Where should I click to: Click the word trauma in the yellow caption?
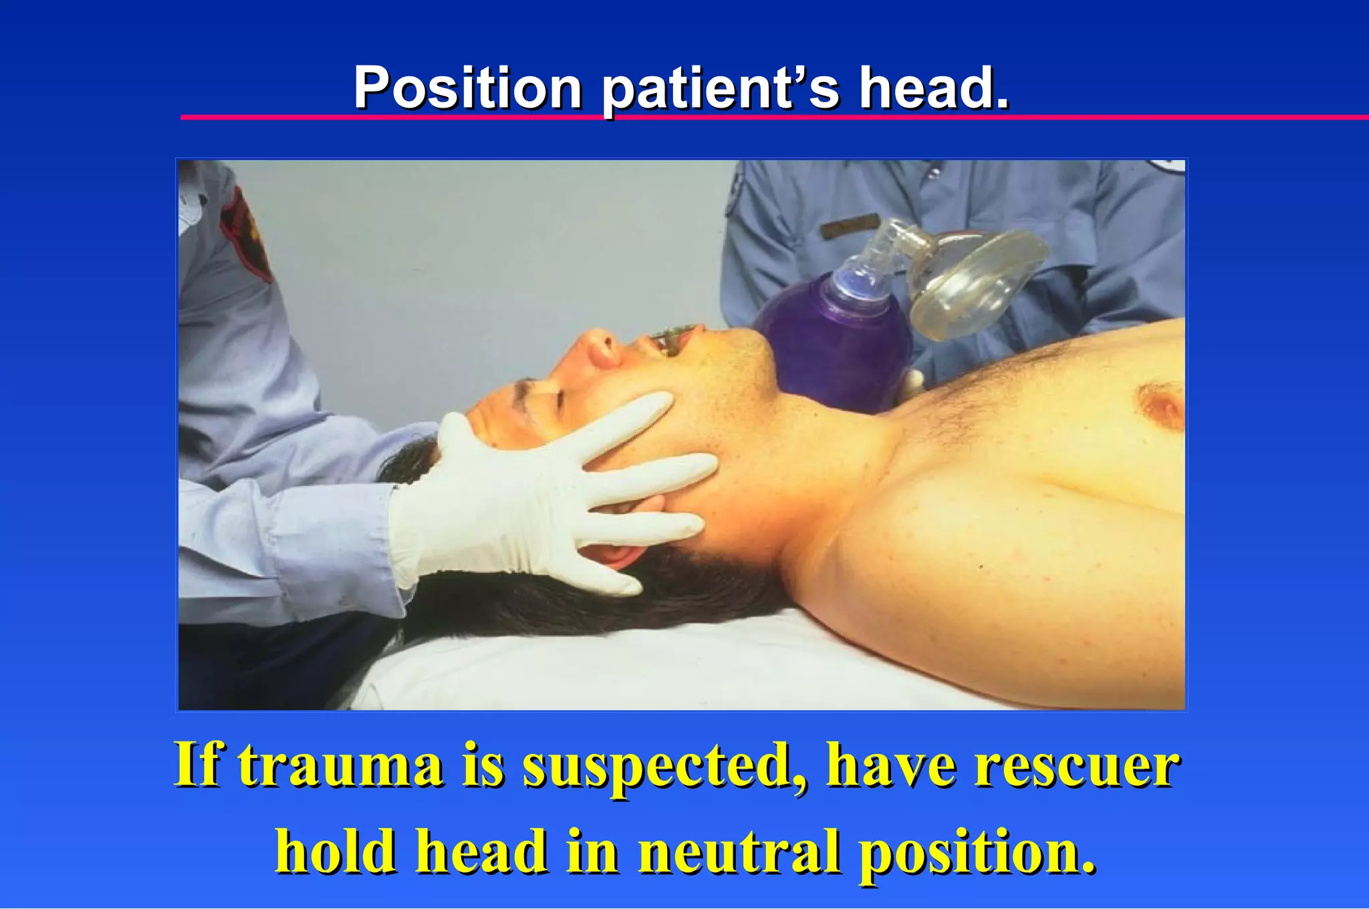click(x=341, y=765)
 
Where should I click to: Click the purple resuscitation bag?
click(x=836, y=348)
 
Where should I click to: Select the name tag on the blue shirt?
click(x=849, y=226)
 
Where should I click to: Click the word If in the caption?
click(x=197, y=765)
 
